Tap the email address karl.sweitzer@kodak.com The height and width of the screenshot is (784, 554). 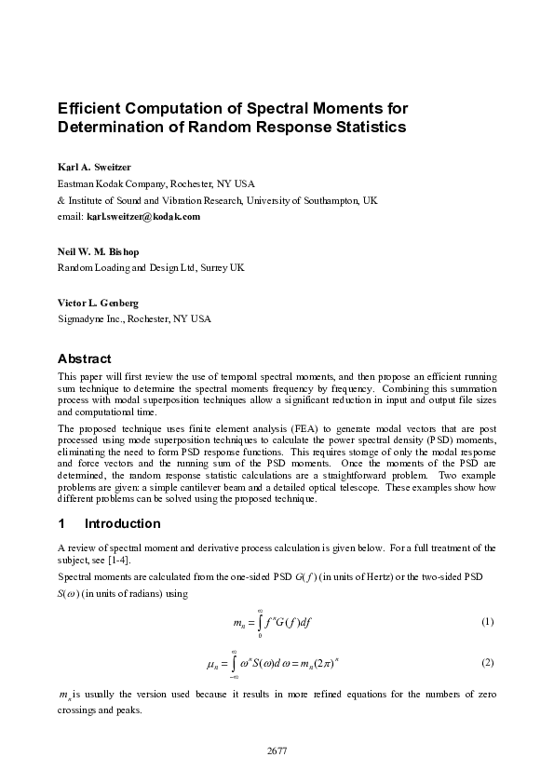[143, 217]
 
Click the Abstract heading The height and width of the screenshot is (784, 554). [85, 358]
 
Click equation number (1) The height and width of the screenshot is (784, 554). [487, 622]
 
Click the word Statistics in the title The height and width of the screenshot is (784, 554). [370, 128]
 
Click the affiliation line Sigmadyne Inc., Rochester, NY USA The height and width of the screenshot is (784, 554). [134, 319]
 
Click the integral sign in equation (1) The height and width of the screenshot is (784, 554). [259, 622]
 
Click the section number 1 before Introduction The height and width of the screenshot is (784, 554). [61, 523]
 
